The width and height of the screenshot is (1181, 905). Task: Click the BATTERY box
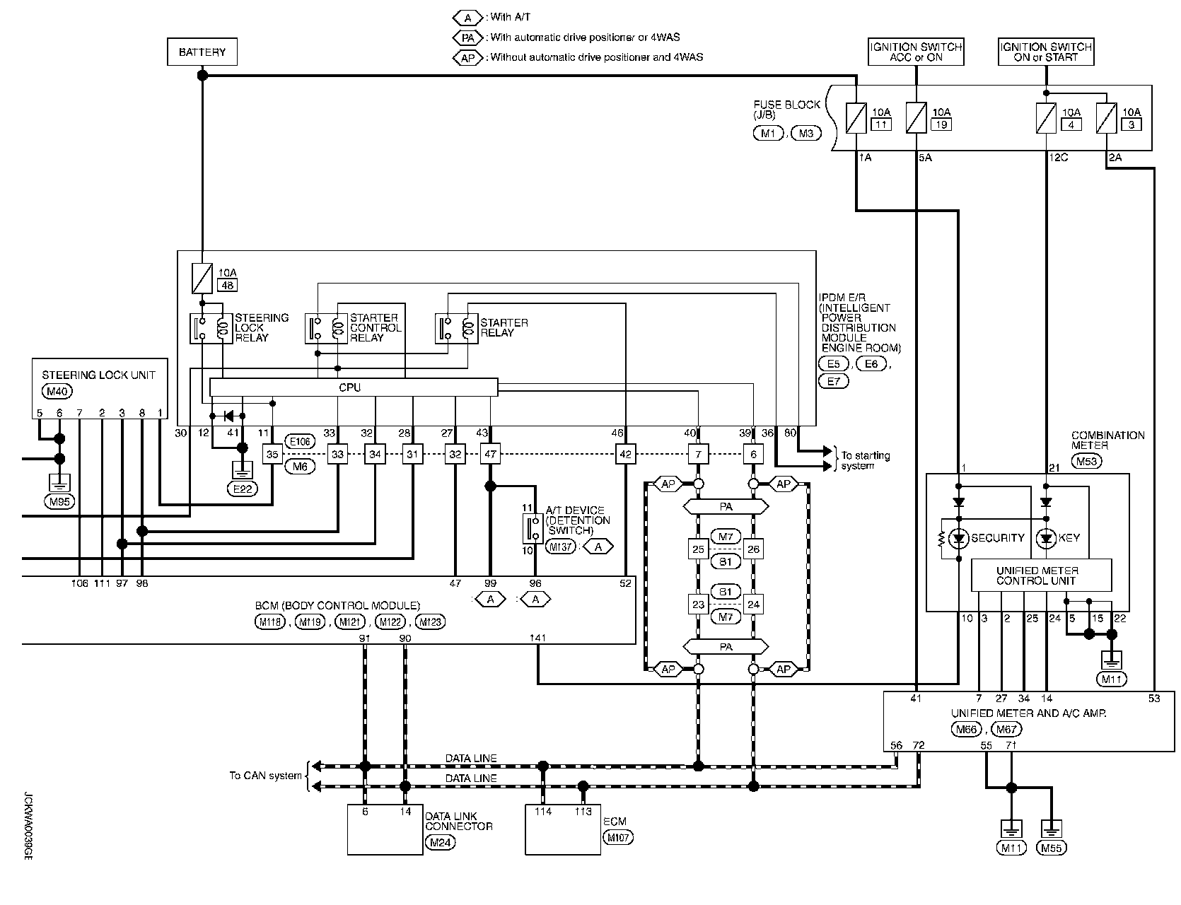tap(202, 52)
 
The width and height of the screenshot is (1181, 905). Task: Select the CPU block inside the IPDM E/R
tap(354, 387)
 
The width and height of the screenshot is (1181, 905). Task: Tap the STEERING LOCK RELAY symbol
tap(211, 328)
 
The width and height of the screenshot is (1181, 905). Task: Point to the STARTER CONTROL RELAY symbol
tap(326, 328)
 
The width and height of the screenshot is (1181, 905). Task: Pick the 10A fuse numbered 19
tap(917, 117)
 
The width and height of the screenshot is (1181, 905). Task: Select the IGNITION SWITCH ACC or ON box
tap(916, 52)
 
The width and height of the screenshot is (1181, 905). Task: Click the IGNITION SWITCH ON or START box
tap(1046, 52)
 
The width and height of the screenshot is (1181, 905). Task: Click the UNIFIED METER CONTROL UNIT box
tap(1041, 576)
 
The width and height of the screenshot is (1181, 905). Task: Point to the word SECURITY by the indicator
tap(997, 538)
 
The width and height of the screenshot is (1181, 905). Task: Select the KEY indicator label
tap(1069, 538)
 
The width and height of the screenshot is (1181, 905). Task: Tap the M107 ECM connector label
tap(619, 838)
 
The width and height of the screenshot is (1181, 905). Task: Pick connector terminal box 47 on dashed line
tap(489, 454)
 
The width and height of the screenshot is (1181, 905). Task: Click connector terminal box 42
tap(625, 454)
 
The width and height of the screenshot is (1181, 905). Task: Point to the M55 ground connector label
tap(1052, 848)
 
